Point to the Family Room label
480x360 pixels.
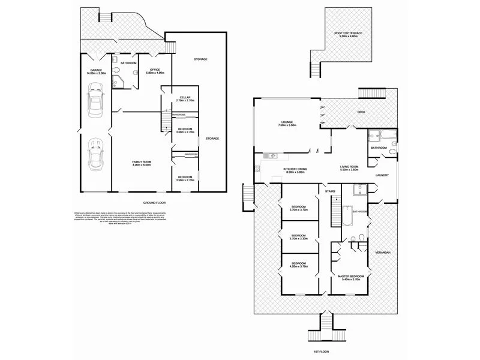click(142, 163)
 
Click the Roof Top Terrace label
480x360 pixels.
click(349, 35)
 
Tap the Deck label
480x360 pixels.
click(361, 112)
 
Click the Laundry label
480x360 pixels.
click(382, 175)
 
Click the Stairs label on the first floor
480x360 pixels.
click(329, 191)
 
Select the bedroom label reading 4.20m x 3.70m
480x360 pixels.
click(299, 265)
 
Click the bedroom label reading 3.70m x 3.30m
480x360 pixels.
click(299, 237)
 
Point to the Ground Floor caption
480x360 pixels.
click(154, 203)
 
